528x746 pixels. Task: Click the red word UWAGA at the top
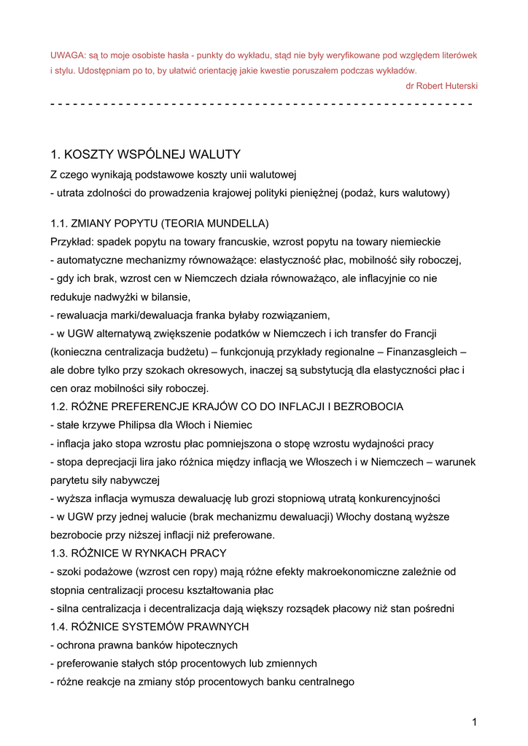pos(66,55)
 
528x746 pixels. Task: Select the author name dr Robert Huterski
pos(441,86)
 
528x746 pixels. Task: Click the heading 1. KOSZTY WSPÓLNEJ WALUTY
pos(145,154)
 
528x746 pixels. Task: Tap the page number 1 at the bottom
pos(474,722)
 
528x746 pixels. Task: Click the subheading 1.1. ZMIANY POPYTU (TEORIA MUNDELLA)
pos(160,223)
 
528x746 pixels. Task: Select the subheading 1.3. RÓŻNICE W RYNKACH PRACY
pos(139,554)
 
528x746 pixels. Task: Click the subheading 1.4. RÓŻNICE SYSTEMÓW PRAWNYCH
pos(150,627)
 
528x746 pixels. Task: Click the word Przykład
pos(71,241)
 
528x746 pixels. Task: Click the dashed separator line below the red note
pos(261,104)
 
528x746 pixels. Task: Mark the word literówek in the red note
pos(457,55)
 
